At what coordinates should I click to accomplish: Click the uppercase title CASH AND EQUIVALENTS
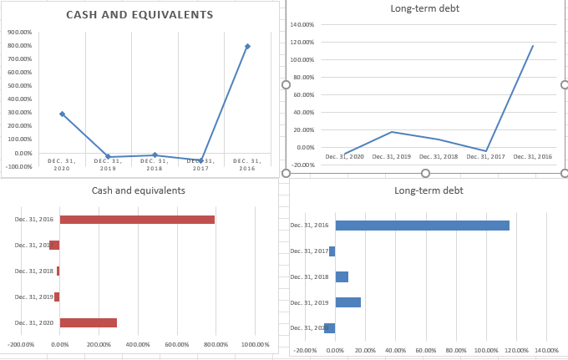[139, 15]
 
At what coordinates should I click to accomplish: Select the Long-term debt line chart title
[424, 8]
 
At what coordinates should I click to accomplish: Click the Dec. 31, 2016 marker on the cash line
[247, 47]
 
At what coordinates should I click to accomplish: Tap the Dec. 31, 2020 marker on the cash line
[62, 114]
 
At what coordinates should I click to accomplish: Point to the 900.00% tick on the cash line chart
[19, 33]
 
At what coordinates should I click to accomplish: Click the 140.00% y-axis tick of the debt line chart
[302, 25]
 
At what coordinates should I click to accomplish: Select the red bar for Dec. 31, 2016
[137, 220]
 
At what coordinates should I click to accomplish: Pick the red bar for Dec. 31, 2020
[88, 322]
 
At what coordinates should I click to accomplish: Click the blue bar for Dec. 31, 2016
[422, 226]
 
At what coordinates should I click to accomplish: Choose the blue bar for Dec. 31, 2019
[347, 302]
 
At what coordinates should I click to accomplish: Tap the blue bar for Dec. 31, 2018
[342, 276]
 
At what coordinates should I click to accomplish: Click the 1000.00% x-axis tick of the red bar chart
[255, 344]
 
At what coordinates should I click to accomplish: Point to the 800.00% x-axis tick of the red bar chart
[216, 344]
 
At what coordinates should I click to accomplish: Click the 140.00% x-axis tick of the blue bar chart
[546, 350]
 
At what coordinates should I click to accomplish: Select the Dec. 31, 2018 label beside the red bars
[33, 271]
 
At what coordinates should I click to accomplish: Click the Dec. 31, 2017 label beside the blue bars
[309, 251]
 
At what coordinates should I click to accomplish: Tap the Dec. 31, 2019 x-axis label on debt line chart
[392, 156]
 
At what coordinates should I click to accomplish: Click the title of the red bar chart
[139, 190]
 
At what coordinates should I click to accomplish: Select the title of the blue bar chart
[429, 190]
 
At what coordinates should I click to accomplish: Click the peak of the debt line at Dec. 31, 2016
[533, 46]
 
